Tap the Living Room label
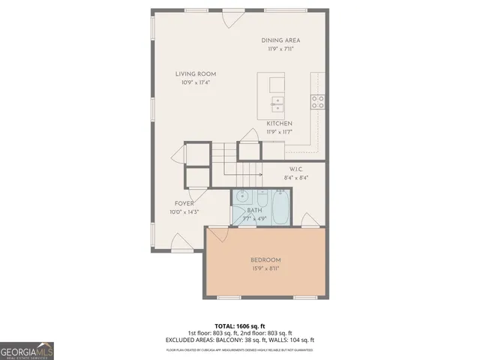pos(196,73)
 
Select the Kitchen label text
pos(280,123)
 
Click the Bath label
pos(254,211)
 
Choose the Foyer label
pos(184,202)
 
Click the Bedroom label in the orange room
pos(265,260)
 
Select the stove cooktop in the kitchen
pos(318,101)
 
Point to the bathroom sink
pos(241,198)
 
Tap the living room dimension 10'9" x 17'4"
pos(196,82)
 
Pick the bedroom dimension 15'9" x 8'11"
pos(265,268)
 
